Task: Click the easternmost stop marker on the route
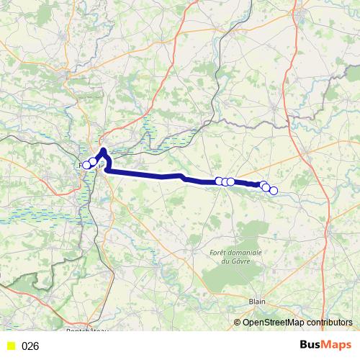273,190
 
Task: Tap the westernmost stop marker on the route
86,165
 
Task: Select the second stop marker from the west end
92,162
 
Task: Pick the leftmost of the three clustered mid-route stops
219,181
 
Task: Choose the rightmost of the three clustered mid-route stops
230,181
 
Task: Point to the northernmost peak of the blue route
104,150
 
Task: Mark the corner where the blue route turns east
108,171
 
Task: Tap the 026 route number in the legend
30,346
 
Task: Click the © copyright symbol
238,323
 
